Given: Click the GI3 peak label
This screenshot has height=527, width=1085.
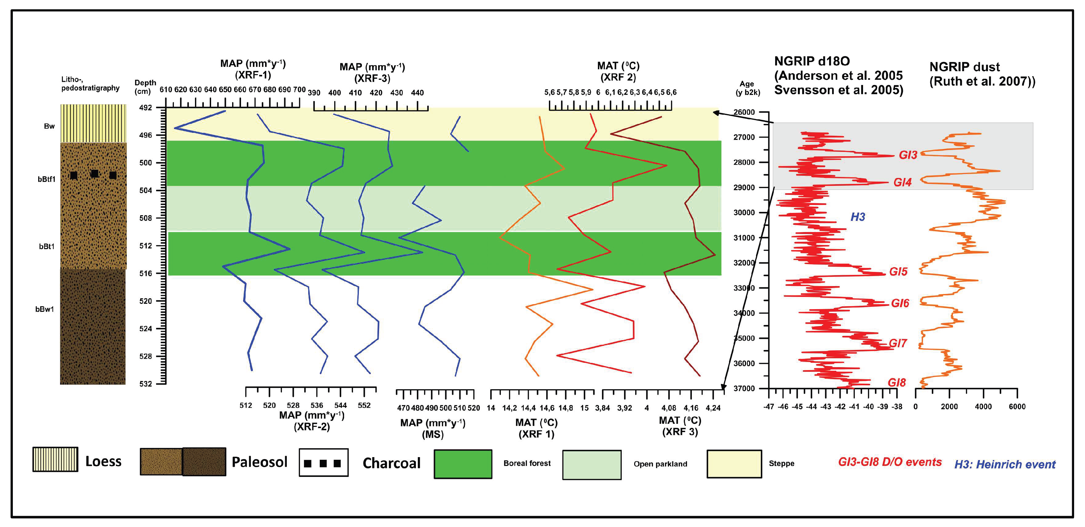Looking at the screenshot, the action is pos(908,155).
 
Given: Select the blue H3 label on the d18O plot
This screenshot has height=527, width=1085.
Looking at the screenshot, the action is pos(857,217).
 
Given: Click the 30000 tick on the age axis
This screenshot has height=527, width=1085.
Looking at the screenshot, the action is pos(744,213).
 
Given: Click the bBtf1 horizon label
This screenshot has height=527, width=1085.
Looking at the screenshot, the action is pos(46,179).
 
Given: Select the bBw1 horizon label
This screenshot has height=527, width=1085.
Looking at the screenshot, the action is pos(45,309).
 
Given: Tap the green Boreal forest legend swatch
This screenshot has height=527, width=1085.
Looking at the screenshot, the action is pos(463,464).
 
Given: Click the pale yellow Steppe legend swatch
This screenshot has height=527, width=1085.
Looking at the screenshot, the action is pos(734,464).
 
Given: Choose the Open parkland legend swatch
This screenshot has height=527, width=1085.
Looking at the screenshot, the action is pos(592,465).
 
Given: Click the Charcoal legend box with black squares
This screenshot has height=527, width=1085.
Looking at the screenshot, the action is pos(323,462).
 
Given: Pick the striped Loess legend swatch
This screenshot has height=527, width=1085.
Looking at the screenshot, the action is pos(55,459).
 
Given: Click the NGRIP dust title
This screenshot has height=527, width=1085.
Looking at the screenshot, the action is pos(982,74).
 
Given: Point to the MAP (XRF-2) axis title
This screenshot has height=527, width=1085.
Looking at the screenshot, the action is pos(312,421).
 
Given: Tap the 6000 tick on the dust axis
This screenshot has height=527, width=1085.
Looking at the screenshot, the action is pos(1017,406).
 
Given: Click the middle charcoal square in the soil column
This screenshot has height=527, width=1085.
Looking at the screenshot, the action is pos(95,173).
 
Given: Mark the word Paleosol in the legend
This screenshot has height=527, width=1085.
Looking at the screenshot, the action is pos(259,462).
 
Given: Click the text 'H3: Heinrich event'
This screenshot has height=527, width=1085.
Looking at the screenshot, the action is pos(1005,464).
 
